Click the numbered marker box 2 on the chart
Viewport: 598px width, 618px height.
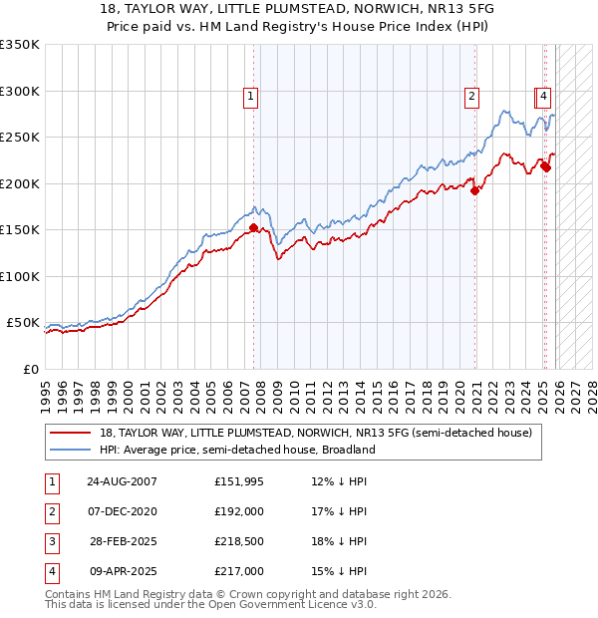[x=469, y=97]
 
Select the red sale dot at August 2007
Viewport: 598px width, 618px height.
[x=253, y=227]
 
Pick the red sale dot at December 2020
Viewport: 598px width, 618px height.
[x=475, y=190]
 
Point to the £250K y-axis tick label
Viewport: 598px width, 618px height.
[x=20, y=138]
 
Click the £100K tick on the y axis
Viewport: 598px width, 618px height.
[x=20, y=277]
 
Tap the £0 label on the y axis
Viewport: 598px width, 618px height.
[x=30, y=370]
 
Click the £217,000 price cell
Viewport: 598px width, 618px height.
[x=239, y=571]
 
